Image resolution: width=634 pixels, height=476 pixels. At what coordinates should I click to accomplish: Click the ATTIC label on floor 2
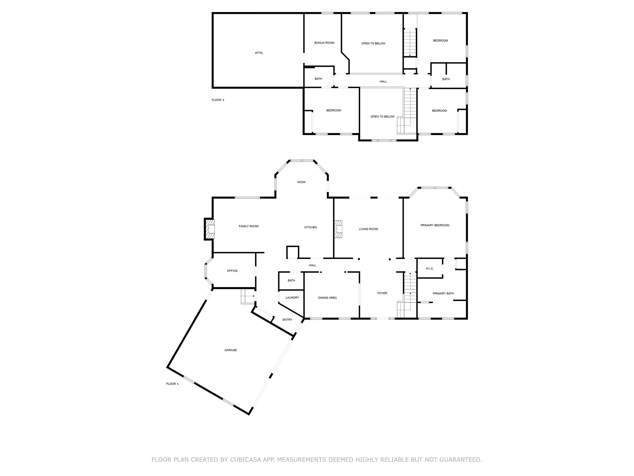259,53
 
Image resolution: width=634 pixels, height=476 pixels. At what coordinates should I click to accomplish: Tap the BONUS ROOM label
324,43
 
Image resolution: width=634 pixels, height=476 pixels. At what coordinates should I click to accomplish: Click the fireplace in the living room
339,229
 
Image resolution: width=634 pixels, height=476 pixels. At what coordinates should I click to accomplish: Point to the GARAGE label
230,350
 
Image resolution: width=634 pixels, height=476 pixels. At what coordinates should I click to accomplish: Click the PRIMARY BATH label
443,293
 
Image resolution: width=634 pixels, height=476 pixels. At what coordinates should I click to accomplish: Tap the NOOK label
301,182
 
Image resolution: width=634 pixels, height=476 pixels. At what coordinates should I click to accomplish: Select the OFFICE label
232,271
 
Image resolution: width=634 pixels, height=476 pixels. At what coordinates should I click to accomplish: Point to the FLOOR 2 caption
218,100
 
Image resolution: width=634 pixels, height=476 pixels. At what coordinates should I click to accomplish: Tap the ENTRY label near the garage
287,320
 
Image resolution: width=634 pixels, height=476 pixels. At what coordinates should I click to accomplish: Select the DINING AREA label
327,298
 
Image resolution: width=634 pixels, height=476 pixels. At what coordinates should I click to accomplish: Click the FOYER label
382,293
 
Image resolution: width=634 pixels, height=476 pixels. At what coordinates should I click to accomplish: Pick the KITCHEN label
310,227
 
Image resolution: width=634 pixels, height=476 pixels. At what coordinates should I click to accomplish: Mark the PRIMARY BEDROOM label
435,226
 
